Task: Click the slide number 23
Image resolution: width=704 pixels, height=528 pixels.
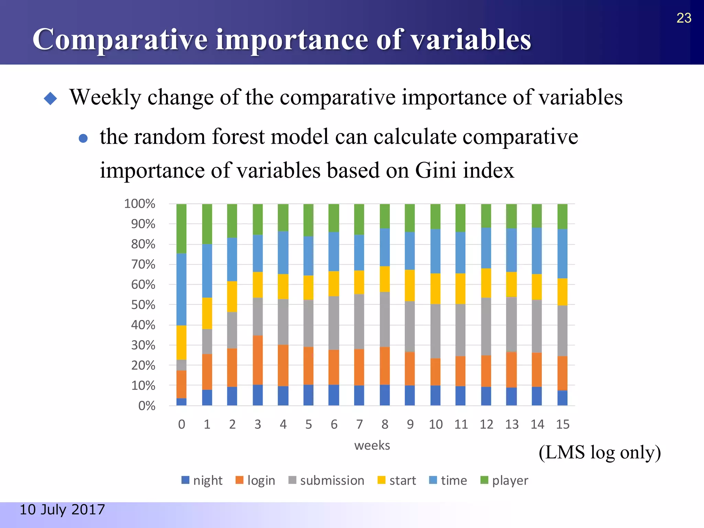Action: tap(683, 18)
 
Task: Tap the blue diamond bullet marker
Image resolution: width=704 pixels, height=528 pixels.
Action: tap(51, 98)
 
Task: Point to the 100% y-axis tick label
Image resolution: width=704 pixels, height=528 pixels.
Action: tap(140, 204)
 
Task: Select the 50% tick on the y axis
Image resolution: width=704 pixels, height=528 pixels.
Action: tap(143, 305)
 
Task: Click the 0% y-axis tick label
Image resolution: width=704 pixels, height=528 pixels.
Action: tap(146, 406)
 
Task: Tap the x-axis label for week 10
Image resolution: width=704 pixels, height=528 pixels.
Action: tap(436, 425)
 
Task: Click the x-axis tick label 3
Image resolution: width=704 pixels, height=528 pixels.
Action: tap(257, 425)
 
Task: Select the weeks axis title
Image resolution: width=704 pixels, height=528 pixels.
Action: tap(372, 445)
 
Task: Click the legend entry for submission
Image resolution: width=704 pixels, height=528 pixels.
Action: tap(327, 480)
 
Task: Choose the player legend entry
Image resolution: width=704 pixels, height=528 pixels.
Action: tap(504, 480)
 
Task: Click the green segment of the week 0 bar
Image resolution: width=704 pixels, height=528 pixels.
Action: tap(181, 229)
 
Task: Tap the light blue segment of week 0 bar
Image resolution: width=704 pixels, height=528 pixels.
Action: tap(181, 289)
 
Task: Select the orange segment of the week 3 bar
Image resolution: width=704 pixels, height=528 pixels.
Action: tap(257, 360)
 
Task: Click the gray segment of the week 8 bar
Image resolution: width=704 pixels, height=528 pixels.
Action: tap(385, 319)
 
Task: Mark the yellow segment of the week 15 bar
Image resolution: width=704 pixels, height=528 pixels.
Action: tap(562, 292)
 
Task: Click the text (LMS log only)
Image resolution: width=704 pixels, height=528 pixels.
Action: tap(599, 452)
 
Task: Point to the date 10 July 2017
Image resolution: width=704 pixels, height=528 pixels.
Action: tap(62, 509)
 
